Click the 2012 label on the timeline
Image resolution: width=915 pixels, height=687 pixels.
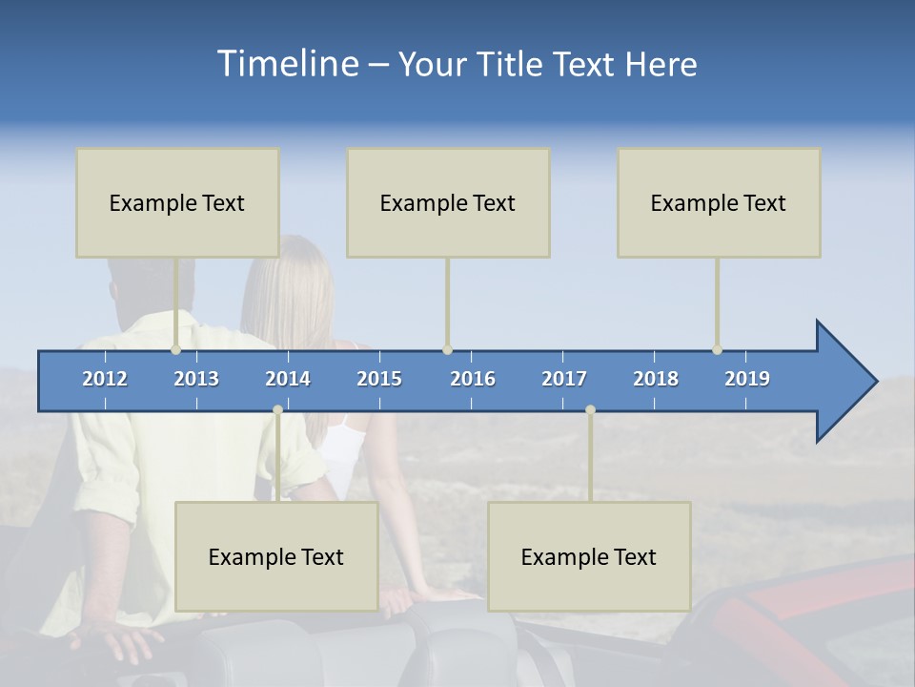(x=105, y=379)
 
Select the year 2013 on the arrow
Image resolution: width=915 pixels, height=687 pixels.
(x=196, y=379)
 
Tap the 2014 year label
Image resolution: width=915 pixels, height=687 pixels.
(x=288, y=379)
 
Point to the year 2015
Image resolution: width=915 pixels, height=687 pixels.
(x=379, y=379)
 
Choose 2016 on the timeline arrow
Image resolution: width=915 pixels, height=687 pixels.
(x=473, y=379)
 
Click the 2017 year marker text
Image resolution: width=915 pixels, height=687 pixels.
(x=564, y=379)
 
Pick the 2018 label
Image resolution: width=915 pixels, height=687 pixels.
(x=656, y=379)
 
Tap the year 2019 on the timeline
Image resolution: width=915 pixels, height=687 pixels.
(x=747, y=379)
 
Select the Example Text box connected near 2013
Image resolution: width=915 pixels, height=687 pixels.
(x=177, y=202)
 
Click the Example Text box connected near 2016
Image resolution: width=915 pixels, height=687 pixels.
(x=448, y=202)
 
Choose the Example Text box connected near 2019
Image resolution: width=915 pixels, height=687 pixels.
(x=719, y=202)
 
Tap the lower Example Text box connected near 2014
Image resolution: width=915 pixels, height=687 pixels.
(x=276, y=556)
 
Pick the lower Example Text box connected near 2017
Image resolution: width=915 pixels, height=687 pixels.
(x=589, y=556)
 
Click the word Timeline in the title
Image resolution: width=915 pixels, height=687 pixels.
(x=286, y=64)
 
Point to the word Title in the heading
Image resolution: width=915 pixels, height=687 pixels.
(x=515, y=65)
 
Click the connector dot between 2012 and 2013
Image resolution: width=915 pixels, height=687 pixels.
(x=176, y=350)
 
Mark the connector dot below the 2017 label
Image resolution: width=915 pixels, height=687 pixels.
(x=590, y=410)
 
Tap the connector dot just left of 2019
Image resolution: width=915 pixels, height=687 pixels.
(x=717, y=350)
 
